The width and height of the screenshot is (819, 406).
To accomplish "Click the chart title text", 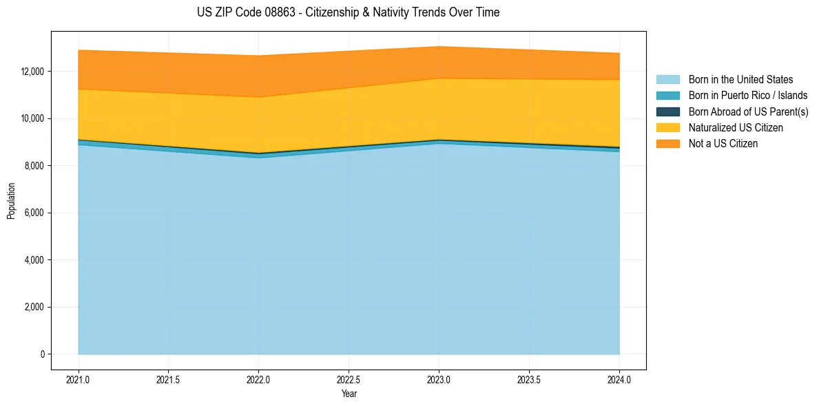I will (348, 12).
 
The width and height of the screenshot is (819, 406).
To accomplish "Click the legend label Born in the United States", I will (740, 80).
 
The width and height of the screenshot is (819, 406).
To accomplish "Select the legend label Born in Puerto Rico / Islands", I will (747, 96).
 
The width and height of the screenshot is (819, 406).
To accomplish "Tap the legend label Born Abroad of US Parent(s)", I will (748, 111).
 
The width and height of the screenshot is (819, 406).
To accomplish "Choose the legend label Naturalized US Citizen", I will (736, 128).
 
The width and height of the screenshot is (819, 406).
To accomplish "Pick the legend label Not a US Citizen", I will (723, 144).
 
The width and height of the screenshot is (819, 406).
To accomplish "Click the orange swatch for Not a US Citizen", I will (667, 144).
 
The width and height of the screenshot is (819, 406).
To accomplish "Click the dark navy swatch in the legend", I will (667, 111).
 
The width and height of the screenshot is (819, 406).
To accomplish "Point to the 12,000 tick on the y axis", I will (32, 72).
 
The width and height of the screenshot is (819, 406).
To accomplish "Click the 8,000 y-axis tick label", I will (34, 166).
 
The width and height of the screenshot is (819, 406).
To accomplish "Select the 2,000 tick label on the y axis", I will (34, 308).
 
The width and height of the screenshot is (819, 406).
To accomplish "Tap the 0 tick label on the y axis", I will (42, 354).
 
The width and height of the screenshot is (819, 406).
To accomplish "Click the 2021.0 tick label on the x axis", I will (79, 379).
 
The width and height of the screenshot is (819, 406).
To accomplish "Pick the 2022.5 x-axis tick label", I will (349, 379).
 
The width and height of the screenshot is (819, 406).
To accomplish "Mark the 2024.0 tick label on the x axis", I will (619, 379).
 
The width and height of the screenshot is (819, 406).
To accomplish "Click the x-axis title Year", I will (349, 394).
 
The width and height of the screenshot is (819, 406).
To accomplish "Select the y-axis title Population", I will (11, 201).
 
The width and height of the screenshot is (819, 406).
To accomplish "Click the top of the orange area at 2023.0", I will (439, 47).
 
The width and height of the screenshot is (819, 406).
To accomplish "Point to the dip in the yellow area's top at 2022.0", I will (258, 97).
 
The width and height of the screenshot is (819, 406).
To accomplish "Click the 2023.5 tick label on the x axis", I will (529, 379).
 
